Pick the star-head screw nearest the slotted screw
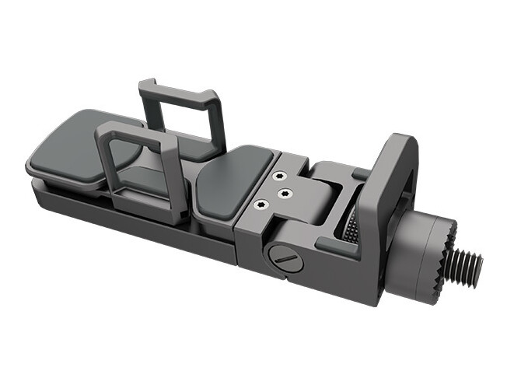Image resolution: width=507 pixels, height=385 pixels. point(260,205)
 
